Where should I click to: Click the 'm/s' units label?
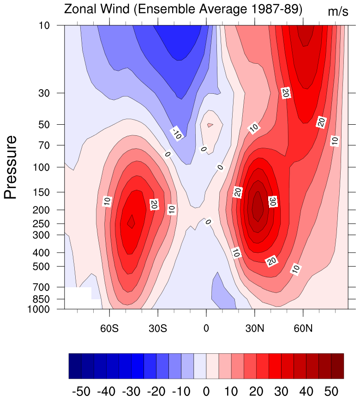pyautogui.click(x=338, y=12)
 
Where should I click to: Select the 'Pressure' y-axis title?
pyautogui.click(x=11, y=167)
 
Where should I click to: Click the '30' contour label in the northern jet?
pyautogui.click(x=272, y=201)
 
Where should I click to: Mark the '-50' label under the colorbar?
pyautogui.click(x=82, y=391)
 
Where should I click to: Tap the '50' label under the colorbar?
pyautogui.click(x=331, y=391)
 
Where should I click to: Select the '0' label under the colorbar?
pyautogui.click(x=206, y=391)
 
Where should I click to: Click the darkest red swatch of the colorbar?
pyautogui.click(x=337, y=366)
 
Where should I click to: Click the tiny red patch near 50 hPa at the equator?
pyautogui.click(x=210, y=125)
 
